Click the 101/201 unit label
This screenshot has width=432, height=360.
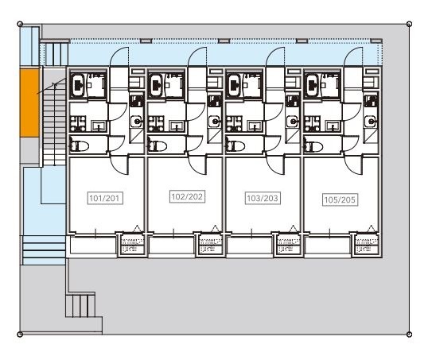105,198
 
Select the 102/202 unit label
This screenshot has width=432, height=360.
187,196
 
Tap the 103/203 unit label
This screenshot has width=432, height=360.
263,198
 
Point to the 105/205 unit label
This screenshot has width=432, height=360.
340,199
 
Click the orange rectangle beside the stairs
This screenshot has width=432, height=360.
29,103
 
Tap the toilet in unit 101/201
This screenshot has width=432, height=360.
79,145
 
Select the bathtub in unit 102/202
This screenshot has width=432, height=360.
156,85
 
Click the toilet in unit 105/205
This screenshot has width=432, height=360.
313,146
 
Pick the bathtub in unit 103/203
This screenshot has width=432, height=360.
235,85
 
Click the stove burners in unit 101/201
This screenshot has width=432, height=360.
78,124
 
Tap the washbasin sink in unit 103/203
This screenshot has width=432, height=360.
255,126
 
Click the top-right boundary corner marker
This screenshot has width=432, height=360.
409,24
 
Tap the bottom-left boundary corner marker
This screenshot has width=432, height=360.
20,335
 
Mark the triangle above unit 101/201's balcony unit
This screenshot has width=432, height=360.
137,228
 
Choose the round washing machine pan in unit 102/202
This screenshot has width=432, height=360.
214,121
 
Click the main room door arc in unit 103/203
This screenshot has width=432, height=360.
275,165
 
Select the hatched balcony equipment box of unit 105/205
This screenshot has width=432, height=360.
367,246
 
